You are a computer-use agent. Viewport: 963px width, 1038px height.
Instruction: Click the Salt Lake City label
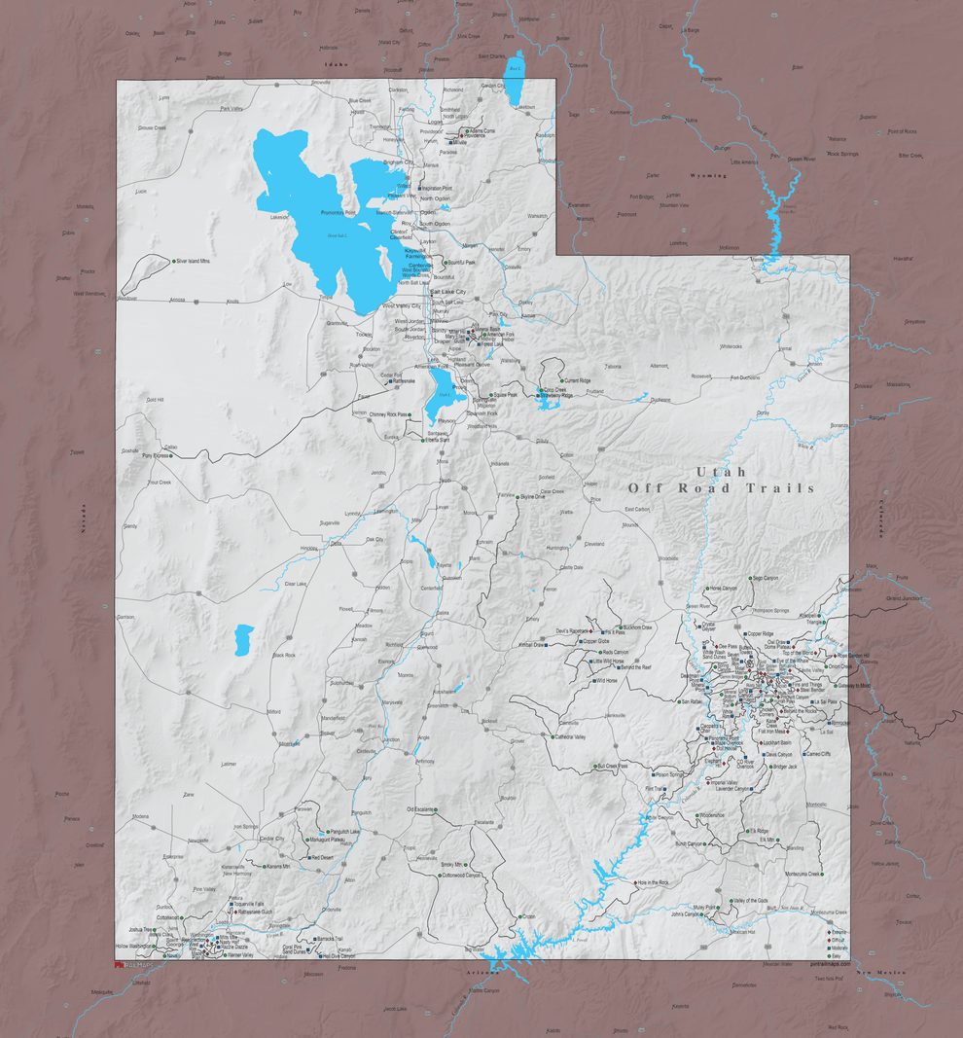[448, 292]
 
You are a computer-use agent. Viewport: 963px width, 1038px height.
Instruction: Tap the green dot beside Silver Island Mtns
[171, 261]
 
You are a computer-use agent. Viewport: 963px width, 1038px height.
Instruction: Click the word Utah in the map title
[721, 472]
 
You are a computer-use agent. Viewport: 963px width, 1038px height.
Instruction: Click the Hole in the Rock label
[654, 882]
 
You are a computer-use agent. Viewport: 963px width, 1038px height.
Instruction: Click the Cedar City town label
[271, 838]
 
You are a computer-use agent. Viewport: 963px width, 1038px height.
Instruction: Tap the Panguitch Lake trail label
[345, 833]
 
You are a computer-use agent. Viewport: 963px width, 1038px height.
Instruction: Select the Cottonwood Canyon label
[461, 876]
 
